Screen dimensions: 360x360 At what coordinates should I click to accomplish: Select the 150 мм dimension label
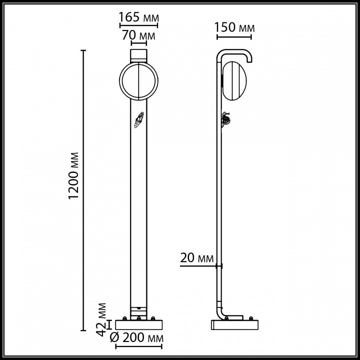[234, 27]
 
